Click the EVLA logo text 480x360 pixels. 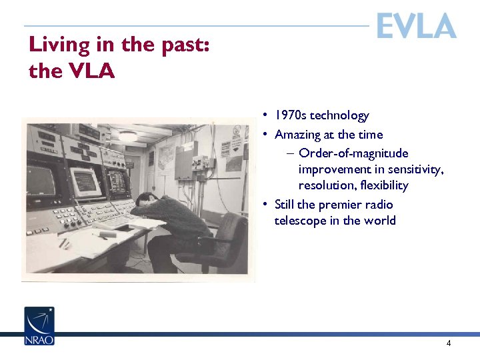[416, 26]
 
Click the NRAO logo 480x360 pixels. [39, 326]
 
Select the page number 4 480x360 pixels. [449, 343]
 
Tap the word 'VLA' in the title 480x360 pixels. [91, 71]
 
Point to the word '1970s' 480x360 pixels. [292, 116]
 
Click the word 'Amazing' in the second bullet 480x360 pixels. [298, 135]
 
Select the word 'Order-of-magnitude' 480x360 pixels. [353, 153]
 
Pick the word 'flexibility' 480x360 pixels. [383, 185]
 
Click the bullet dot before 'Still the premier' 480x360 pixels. [265, 205]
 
